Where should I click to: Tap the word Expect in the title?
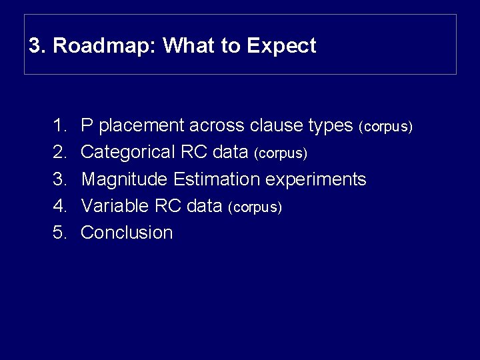[281, 46]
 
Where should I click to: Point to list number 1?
[59, 125]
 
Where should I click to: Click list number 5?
[59, 233]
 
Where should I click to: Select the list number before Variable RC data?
[59, 206]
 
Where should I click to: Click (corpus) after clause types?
[386, 127]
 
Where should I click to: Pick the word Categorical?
[128, 153]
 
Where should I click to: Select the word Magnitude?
[125, 179]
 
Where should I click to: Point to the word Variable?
[115, 206]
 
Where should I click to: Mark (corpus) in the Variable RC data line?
[255, 207]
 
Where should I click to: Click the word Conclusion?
[127, 233]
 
